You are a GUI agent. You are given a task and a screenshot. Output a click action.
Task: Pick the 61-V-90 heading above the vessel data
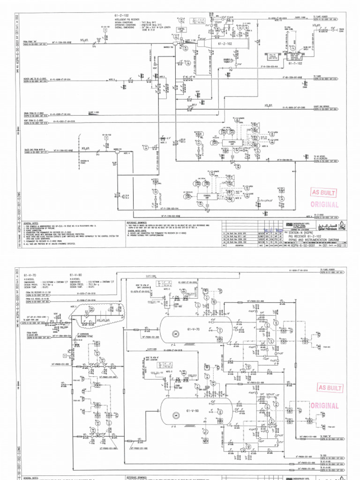(x=76, y=274)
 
